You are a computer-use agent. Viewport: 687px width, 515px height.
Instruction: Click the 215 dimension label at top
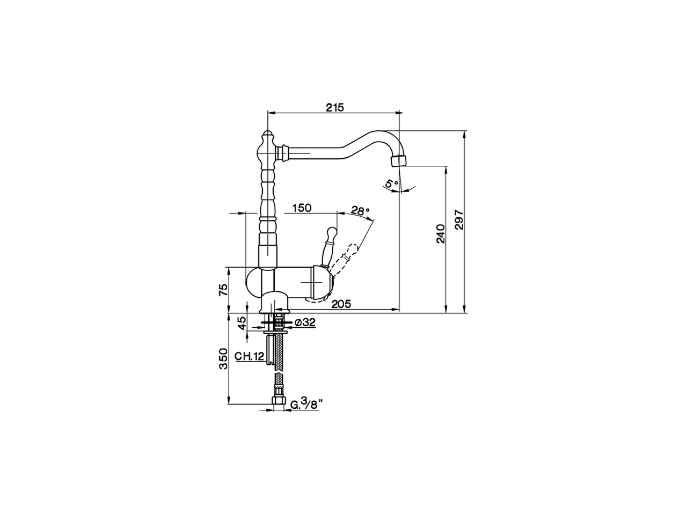[x=334, y=107]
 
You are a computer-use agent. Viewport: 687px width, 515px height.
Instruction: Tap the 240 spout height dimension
[x=440, y=234]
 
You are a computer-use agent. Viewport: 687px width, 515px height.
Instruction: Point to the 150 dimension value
[x=302, y=208]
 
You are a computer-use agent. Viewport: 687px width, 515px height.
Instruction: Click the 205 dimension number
[x=341, y=304]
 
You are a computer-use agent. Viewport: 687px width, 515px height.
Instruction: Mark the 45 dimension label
[x=242, y=322]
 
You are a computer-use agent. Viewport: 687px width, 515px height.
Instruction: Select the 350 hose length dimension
[x=224, y=358]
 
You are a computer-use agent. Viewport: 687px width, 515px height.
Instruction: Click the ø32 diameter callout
[x=305, y=322]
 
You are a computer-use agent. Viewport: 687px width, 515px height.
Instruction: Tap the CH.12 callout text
[x=249, y=356]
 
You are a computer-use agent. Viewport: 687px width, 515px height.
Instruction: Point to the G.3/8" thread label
[x=304, y=403]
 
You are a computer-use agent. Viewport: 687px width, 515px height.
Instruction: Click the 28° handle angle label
[x=361, y=210]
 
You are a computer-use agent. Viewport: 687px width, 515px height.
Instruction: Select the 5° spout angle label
[x=391, y=183]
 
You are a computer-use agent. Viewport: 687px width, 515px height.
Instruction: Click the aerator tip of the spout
[x=399, y=160]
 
